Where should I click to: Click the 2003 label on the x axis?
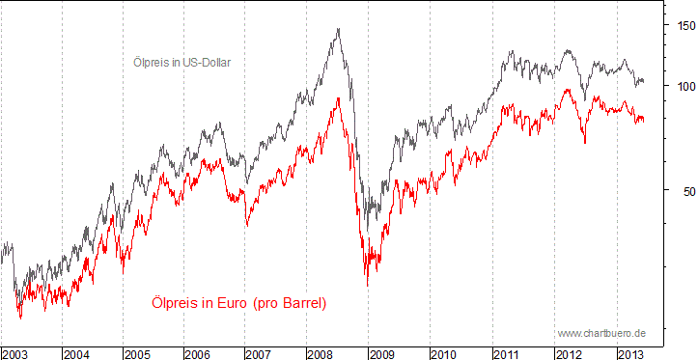pyautogui.click(x=16, y=353)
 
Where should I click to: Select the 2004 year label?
pyautogui.click(x=78, y=353)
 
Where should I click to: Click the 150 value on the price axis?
pyautogui.click(x=684, y=26)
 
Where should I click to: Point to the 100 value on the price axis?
pyautogui.click(x=684, y=86)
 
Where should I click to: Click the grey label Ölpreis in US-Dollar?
pyautogui.click(x=182, y=63)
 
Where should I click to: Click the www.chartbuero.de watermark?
pyautogui.click(x=601, y=333)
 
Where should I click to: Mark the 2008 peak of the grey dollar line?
pyautogui.click(x=338, y=29)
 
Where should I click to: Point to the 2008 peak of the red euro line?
pyautogui.click(x=338, y=97)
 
